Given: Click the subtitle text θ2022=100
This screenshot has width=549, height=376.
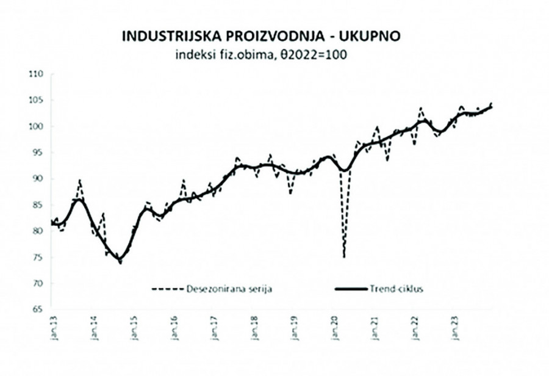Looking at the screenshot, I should click(314, 55).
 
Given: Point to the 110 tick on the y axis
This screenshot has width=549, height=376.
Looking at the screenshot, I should click(38, 74).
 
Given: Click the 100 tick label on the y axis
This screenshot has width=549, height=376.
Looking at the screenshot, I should click(38, 127).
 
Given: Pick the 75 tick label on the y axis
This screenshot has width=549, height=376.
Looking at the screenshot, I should click(39, 258).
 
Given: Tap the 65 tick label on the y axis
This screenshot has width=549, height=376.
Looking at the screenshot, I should click(39, 309).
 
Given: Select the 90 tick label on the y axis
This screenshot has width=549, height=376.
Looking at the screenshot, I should click(39, 179).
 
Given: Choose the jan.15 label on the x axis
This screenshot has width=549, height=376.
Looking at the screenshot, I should click(133, 327).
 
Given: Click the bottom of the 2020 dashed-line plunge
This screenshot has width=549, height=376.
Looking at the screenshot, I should click(344, 257).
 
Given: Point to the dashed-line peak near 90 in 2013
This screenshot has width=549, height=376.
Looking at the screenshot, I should click(79, 181).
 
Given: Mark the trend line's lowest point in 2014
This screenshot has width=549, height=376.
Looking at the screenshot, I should click(120, 261).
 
